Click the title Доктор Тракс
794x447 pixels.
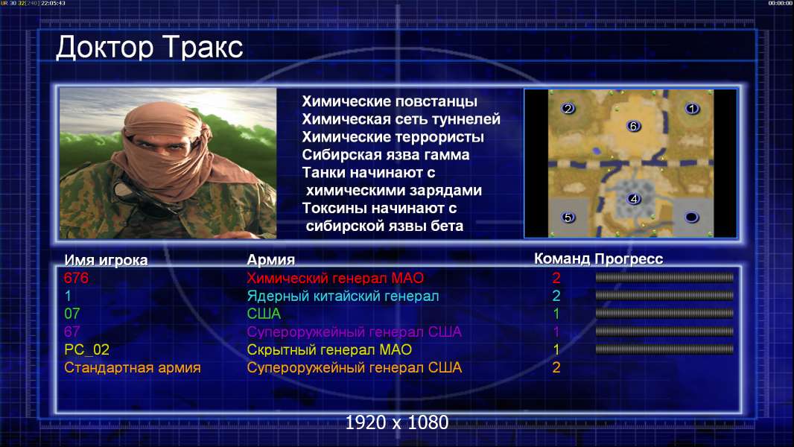pyautogui.click(x=150, y=48)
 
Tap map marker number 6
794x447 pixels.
pyautogui.click(x=633, y=126)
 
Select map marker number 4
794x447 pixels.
pyautogui.click(x=633, y=199)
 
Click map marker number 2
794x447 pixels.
pyautogui.click(x=568, y=108)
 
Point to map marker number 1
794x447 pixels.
pyautogui.click(x=692, y=108)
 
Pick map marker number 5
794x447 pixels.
pyautogui.click(x=568, y=218)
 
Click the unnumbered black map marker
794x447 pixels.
pyautogui.click(x=692, y=218)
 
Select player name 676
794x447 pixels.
pyautogui.click(x=77, y=278)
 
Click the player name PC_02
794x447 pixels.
pyautogui.click(x=86, y=350)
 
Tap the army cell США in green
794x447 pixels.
pyautogui.click(x=264, y=314)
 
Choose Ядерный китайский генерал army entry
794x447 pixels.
pyautogui.click(x=343, y=297)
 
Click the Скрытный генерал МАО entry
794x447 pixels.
pyautogui.click(x=329, y=350)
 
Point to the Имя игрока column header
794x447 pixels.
pyautogui.click(x=106, y=260)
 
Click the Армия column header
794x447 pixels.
pyautogui.click(x=271, y=260)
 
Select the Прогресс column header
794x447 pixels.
pyautogui.click(x=629, y=259)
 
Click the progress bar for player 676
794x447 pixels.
pyautogui.click(x=664, y=277)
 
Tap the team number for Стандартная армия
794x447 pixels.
pyautogui.click(x=556, y=368)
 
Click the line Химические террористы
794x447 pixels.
pyautogui.click(x=393, y=137)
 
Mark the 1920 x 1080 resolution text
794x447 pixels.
pyautogui.click(x=396, y=422)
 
